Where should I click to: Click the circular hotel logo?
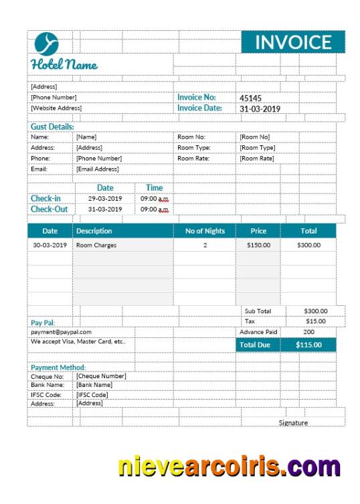pyautogui.click(x=46, y=44)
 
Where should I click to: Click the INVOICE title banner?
pyautogui.click(x=293, y=42)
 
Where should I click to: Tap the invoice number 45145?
pyautogui.click(x=251, y=98)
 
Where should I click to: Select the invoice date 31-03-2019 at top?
pyautogui.click(x=260, y=108)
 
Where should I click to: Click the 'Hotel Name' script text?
pyautogui.click(x=64, y=65)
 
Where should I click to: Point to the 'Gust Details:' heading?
pyautogui.click(x=52, y=127)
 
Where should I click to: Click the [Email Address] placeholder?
pyautogui.click(x=97, y=169)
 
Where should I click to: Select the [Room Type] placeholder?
pyautogui.click(x=258, y=148)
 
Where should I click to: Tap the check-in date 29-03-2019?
pyautogui.click(x=105, y=199)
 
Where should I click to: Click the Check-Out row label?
pyautogui.click(x=49, y=209)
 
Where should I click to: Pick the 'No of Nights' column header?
pyautogui.click(x=205, y=231)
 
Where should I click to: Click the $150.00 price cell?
pyautogui.click(x=258, y=245)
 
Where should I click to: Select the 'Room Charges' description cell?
pyautogui.click(x=96, y=245)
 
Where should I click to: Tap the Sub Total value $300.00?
pyautogui.click(x=315, y=311)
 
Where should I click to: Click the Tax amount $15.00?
pyautogui.click(x=315, y=321)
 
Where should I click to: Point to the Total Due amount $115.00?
pyautogui.click(x=308, y=345)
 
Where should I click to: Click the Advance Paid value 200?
pyautogui.click(x=308, y=332)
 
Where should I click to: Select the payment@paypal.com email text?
pyautogui.click(x=61, y=332)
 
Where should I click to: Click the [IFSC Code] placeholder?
pyautogui.click(x=92, y=394)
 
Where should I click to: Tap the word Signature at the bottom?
pyautogui.click(x=293, y=422)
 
